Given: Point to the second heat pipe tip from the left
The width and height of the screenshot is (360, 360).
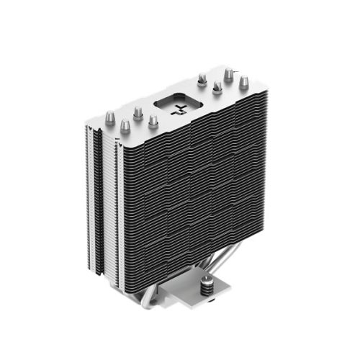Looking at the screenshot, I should pos(125,127).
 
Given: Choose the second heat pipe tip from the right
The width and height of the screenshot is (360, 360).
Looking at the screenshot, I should pos(228,74).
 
